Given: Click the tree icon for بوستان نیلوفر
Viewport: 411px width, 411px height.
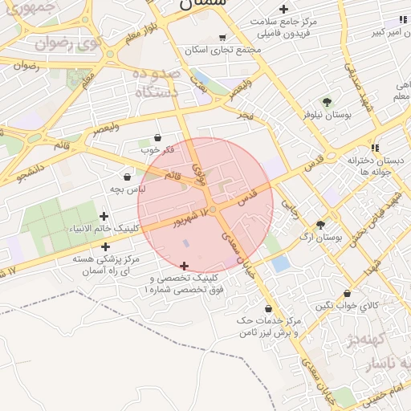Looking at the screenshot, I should [x=327, y=102].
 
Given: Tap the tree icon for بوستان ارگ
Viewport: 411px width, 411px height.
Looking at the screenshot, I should [x=321, y=226].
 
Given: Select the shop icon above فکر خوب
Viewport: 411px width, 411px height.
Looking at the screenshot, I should [x=157, y=137].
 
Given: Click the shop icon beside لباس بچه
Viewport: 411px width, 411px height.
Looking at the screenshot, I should [x=127, y=177].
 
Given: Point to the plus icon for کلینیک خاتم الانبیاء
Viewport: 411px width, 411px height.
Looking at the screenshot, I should [x=104, y=216].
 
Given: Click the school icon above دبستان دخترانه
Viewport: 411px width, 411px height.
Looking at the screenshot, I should [x=374, y=148].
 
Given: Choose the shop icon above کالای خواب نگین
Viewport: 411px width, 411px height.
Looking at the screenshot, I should [x=347, y=294].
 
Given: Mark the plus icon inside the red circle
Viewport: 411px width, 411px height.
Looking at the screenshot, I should [x=185, y=266].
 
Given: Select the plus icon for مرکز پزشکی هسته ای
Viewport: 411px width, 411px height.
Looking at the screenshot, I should [x=105, y=247].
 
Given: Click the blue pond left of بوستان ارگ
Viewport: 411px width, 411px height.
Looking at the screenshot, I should [x=280, y=262].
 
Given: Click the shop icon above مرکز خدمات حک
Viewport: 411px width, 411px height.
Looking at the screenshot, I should [x=267, y=309].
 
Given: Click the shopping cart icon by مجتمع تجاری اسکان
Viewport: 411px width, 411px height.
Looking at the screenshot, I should [x=222, y=37].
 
